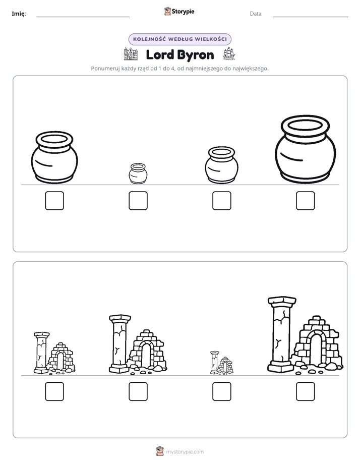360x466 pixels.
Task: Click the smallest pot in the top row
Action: click(138, 173)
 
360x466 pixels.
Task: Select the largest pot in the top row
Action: click(306, 149)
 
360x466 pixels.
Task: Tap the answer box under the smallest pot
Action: click(138, 201)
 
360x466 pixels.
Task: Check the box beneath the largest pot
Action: click(306, 201)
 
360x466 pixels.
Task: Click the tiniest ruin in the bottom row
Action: click(221, 363)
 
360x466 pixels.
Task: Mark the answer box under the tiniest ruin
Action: click(221, 391)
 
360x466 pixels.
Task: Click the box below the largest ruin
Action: click(306, 391)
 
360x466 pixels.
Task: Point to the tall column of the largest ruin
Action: click(281, 334)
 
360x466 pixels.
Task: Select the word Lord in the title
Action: click(160, 54)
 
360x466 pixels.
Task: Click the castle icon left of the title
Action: click(131, 54)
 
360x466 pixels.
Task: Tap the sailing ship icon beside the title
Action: click(229, 54)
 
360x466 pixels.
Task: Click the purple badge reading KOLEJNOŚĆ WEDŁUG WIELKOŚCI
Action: click(179, 39)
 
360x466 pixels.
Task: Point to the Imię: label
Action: click(19, 14)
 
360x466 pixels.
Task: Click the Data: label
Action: click(256, 14)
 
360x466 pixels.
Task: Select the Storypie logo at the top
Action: click(179, 11)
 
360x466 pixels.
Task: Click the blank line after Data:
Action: click(311, 17)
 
